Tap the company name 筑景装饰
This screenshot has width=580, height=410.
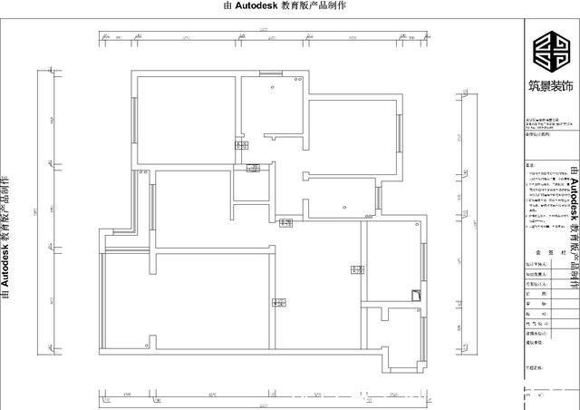click(549, 87)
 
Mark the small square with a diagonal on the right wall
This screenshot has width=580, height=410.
click(415, 293)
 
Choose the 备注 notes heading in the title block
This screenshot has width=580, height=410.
click(531, 166)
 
